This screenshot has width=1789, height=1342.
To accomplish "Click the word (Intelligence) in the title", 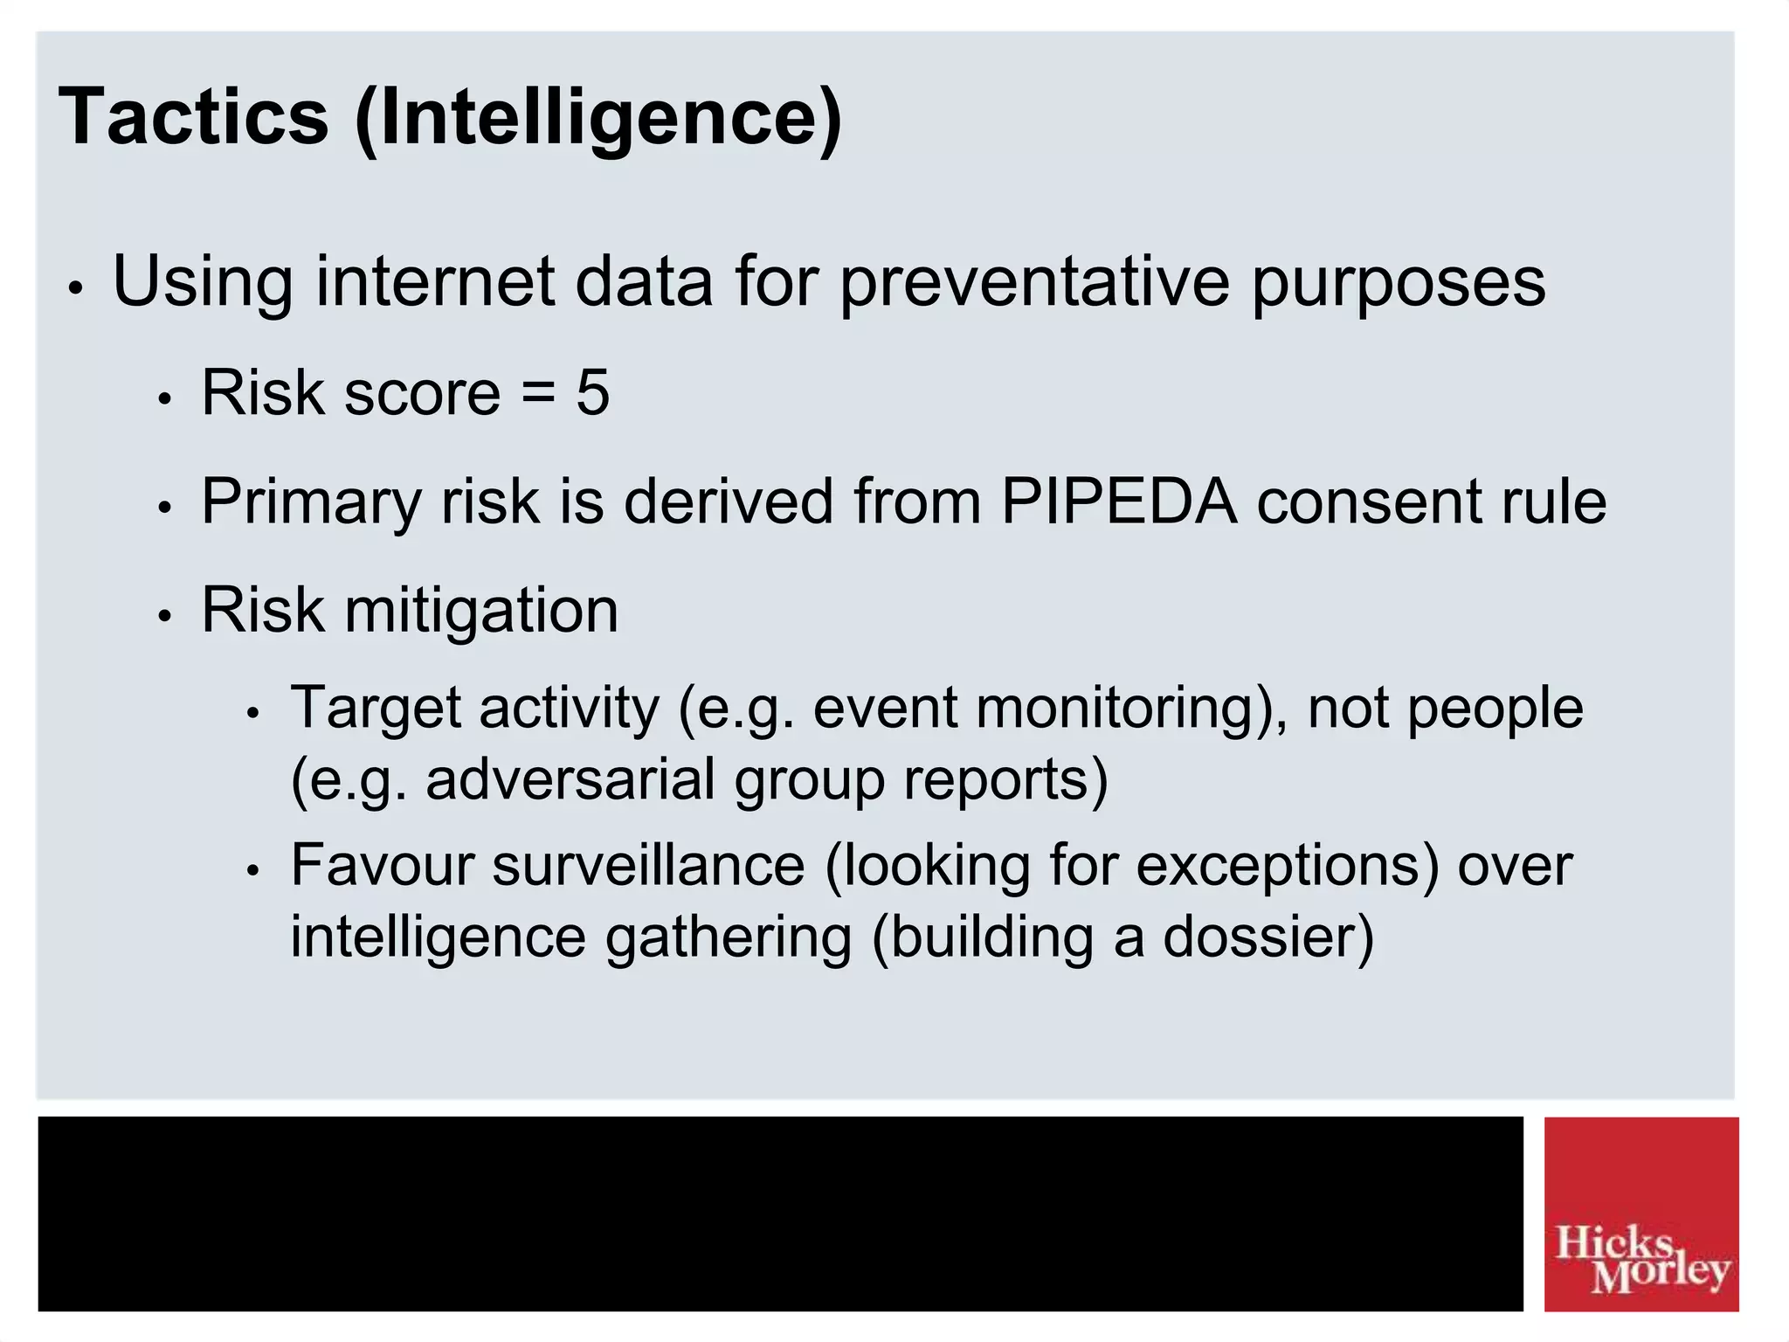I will tap(598, 118).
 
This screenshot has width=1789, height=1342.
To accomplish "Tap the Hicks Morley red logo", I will tap(1640, 1214).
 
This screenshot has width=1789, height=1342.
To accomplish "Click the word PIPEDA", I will tap(1118, 502).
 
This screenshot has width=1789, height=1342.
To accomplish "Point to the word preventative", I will tap(1035, 281).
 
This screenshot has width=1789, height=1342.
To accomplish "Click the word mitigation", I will tap(481, 610).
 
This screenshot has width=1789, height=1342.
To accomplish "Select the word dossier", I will tap(1268, 937).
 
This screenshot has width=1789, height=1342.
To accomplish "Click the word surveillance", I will tap(647, 865).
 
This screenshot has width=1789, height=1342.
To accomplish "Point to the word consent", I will tap(1368, 502).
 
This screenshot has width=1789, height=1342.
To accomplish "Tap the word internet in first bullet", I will tap(435, 281).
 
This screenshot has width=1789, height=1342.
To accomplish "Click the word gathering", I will tap(728, 937).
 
